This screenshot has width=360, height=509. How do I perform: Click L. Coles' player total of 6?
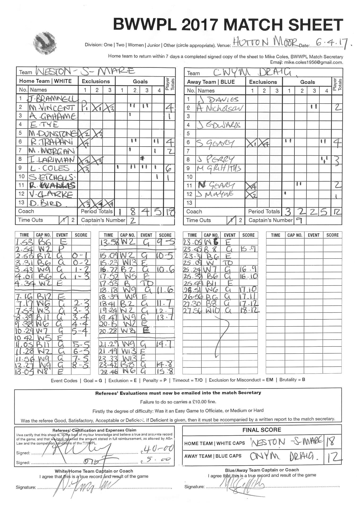pyautogui.click(x=169, y=168)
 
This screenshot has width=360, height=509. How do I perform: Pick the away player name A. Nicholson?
pyautogui.click(x=219, y=108)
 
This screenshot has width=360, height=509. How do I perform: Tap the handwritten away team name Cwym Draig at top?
pyautogui.click(x=252, y=72)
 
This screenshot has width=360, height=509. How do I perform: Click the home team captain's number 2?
pyautogui.click(x=133, y=220)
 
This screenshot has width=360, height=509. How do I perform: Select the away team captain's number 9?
pyautogui.click(x=299, y=220)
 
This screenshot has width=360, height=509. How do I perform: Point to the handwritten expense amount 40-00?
pyautogui.click(x=159, y=449)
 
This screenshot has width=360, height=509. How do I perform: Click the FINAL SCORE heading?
pyautogui.click(x=262, y=430)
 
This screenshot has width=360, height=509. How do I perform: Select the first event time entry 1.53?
pyautogui.click(x=24, y=242)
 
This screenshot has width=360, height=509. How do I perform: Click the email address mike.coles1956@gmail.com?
pyautogui.click(x=313, y=62)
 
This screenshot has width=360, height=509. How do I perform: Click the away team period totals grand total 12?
pyautogui.click(x=337, y=211)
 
